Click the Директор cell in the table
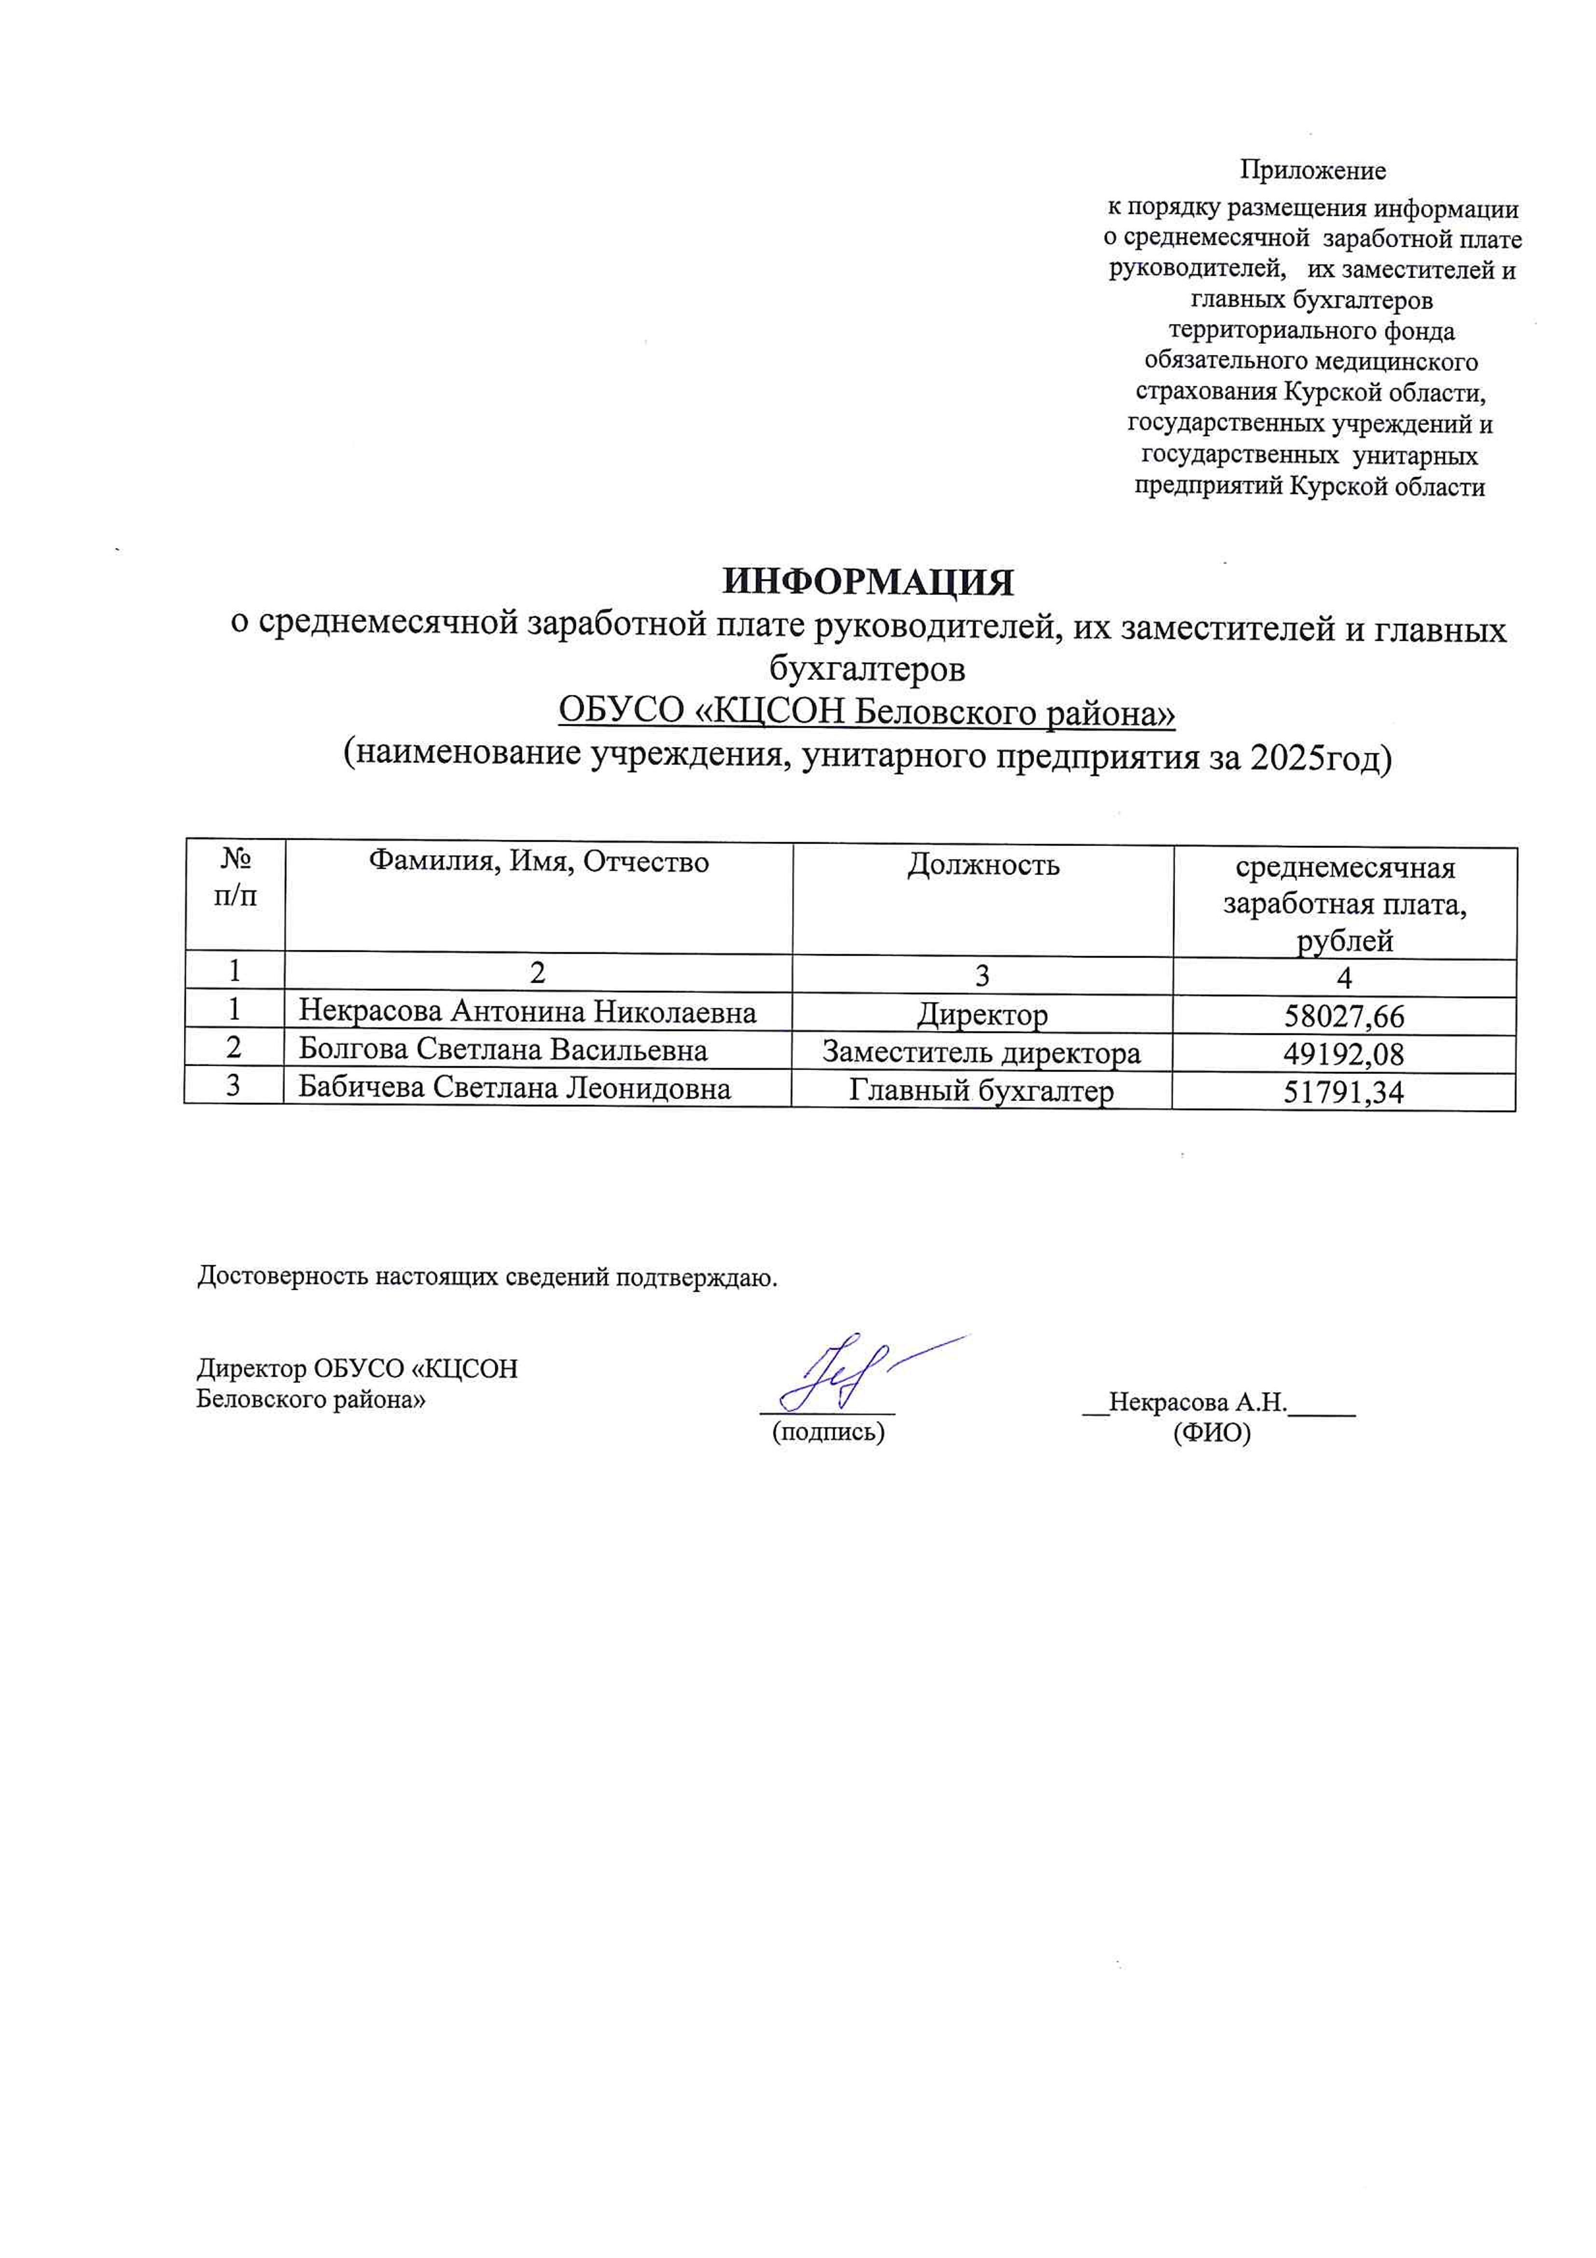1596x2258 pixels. coord(981,1014)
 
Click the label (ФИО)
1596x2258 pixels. coord(1212,1434)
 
